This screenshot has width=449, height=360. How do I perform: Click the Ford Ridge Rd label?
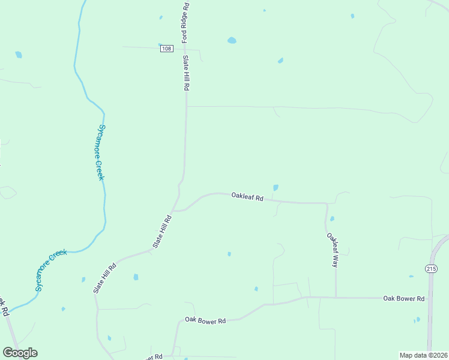186,23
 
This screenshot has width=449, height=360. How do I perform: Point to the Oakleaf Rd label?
247,196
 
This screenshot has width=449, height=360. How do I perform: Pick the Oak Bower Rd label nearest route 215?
404,298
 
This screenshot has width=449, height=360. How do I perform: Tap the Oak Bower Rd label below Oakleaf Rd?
205,321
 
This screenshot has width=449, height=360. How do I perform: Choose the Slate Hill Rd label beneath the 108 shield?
186,73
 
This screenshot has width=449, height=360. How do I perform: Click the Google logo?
20,353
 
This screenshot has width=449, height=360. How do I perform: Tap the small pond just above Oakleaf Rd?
276,188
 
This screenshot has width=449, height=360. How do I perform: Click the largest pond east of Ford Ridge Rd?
232,41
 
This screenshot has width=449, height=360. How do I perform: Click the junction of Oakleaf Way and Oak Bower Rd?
336,297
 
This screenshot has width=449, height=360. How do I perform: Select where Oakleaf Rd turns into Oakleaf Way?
327,204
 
